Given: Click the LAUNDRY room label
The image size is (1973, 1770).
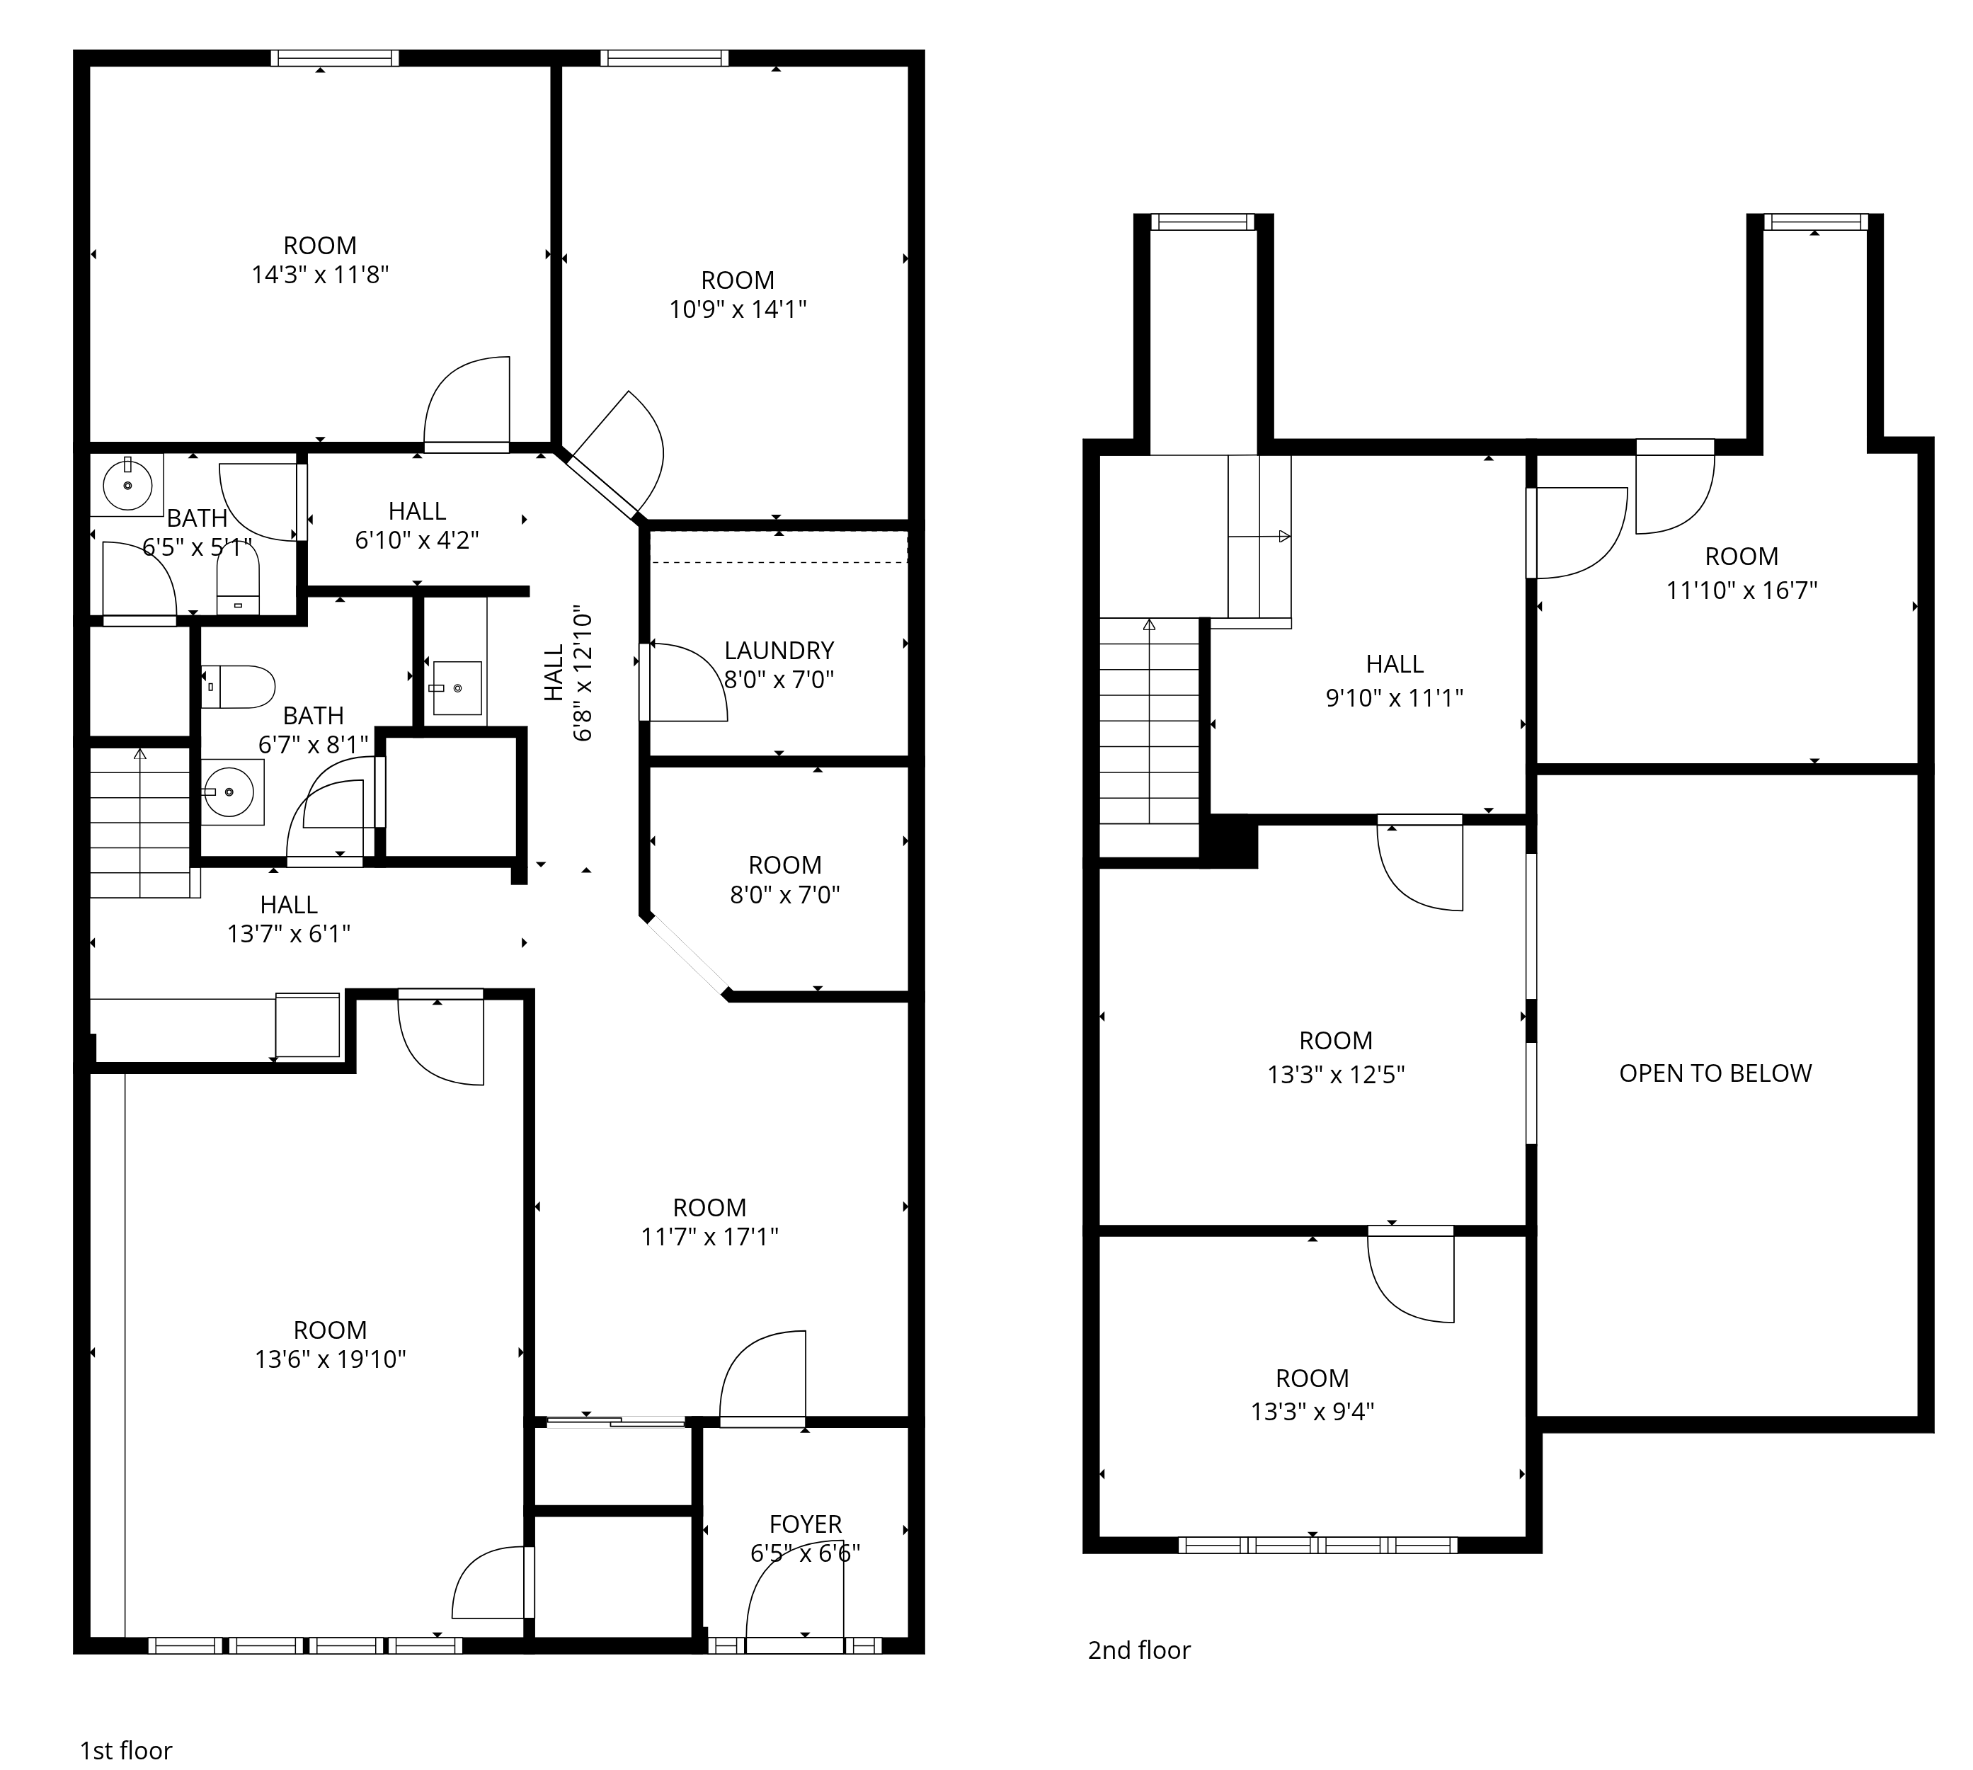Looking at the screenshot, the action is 779,650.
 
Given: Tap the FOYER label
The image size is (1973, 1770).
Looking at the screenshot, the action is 805,1524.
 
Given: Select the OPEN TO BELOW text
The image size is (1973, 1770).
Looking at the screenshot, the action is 1715,1073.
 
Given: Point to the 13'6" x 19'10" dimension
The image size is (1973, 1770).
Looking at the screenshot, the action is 330,1359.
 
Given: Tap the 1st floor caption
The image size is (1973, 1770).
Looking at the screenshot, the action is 127,1751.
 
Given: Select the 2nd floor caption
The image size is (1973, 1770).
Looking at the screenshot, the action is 1138,1650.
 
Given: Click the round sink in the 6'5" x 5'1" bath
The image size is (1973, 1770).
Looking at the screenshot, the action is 127,484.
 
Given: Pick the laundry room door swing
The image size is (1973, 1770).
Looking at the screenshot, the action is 684,681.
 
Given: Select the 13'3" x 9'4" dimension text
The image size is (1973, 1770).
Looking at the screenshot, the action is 1312,1410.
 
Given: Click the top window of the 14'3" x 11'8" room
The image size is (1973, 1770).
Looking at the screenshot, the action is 335,58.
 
